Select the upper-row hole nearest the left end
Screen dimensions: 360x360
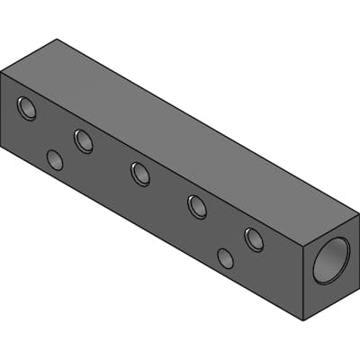pos(27,109)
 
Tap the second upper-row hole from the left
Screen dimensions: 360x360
pos(84,141)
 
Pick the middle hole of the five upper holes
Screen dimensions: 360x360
pos(140,174)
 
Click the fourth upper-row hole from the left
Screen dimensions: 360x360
pos(197,206)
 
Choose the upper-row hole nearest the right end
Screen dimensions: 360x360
pos(254,238)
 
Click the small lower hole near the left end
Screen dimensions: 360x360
pos(55,160)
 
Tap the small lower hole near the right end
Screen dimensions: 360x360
pos(225,258)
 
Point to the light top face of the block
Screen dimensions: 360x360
pos(180,135)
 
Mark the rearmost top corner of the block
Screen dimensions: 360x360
pos(57,40)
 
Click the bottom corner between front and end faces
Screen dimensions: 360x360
pos(303,320)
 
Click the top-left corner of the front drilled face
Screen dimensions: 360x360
pos(2,72)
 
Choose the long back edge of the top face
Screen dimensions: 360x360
pos(207,126)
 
